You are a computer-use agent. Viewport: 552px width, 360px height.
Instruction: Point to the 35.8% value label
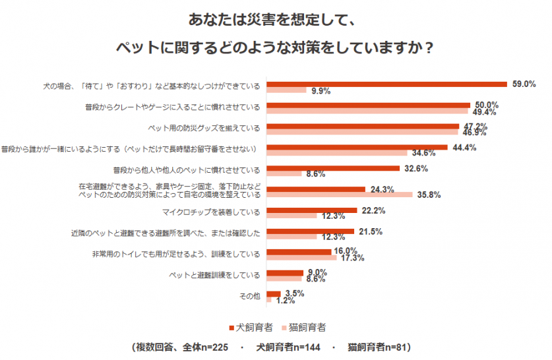428,195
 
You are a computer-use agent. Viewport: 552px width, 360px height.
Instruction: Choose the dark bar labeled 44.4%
357,147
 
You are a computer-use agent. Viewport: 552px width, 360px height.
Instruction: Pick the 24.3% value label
382,189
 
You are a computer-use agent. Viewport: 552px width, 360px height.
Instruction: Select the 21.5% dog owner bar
310,231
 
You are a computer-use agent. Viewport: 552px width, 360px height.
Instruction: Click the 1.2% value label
285,301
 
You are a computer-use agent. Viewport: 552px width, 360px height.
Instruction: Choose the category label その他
250,297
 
